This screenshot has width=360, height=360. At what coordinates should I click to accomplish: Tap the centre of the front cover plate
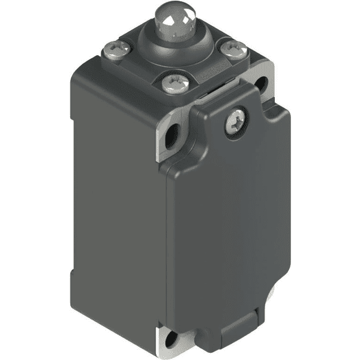click(231, 222)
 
